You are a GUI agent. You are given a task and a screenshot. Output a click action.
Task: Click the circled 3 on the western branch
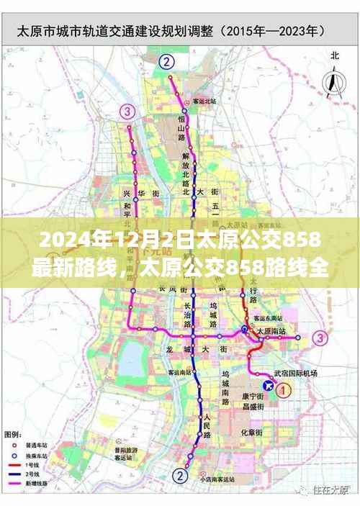pos(127,111)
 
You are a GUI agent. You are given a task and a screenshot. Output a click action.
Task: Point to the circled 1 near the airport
pos(284,390)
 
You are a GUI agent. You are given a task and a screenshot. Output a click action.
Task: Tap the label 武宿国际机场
pos(295,374)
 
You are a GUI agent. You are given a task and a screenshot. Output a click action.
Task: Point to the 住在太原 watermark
pos(332,489)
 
